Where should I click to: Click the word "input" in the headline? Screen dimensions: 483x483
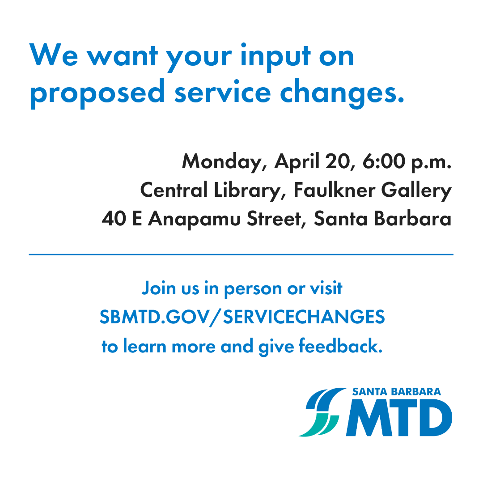pos(267,57)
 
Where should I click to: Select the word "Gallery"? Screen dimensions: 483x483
pos(417,191)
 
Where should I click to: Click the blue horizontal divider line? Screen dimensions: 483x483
pos(241,254)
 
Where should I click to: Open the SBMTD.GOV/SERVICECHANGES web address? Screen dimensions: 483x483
pos(242,318)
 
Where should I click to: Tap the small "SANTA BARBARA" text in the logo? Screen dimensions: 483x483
pos(396,392)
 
